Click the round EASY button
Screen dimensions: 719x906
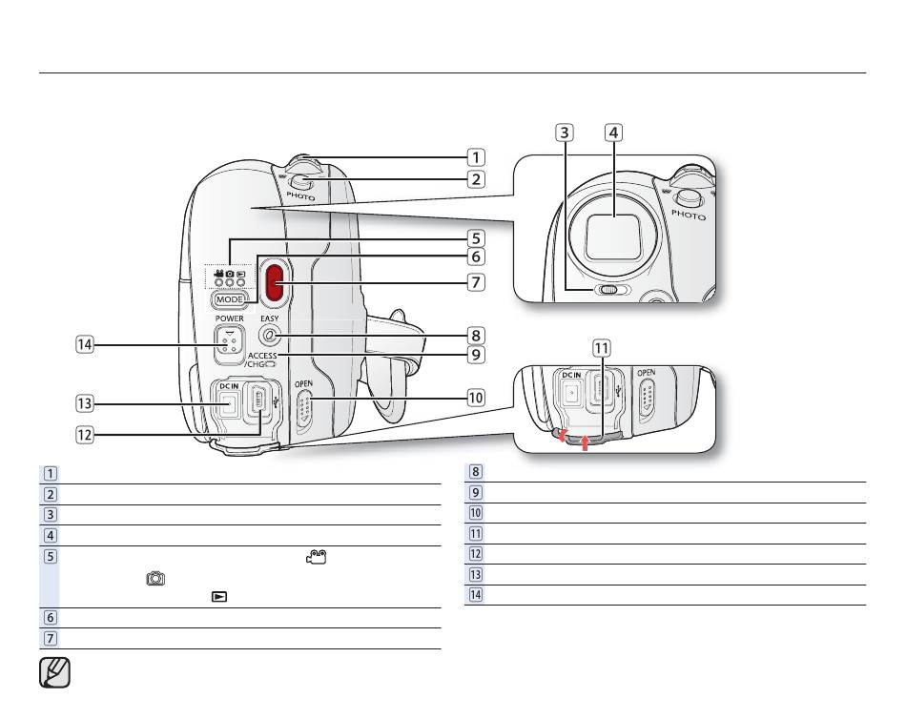point(269,335)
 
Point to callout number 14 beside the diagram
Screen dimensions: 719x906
point(86,346)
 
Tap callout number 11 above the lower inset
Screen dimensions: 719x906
point(601,348)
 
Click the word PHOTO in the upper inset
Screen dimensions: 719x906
point(689,215)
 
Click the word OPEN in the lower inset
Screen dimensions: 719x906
point(647,371)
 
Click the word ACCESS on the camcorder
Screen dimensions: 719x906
point(259,356)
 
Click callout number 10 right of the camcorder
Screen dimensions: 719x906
point(475,397)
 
